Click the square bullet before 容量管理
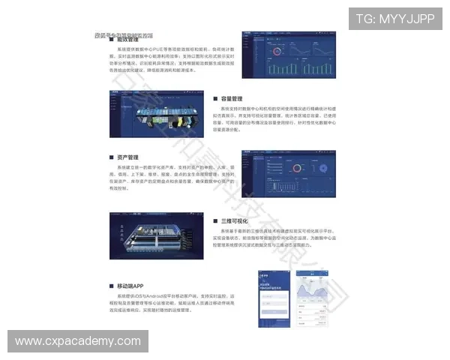[216, 98]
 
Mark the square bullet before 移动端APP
[109, 286]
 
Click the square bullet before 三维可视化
[216, 221]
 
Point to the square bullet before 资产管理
[109, 157]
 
